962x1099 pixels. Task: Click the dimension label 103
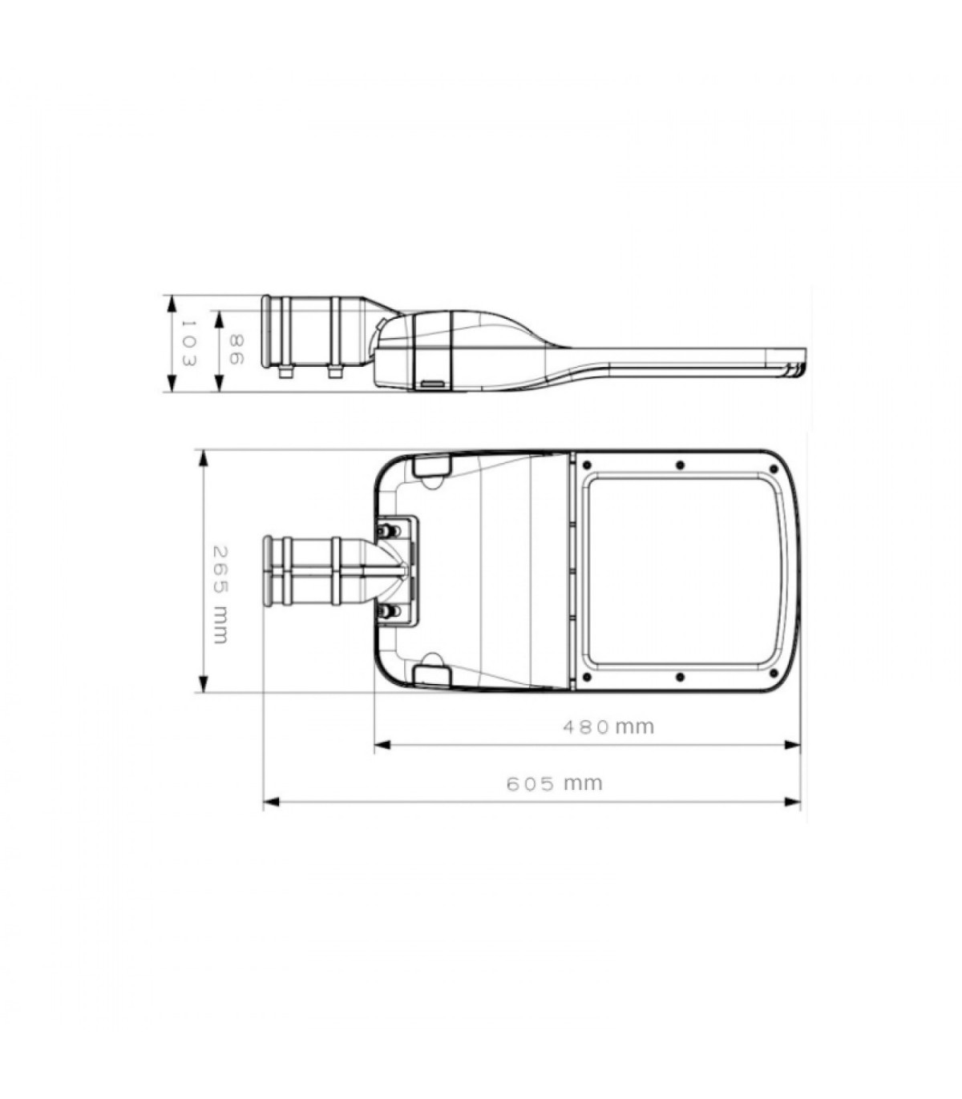tap(188, 343)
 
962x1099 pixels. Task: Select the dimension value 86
tap(236, 349)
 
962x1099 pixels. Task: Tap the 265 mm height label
tap(221, 594)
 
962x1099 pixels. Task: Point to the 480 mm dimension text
tap(608, 727)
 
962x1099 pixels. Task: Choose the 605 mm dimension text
tap(555, 783)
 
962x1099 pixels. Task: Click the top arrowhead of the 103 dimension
tap(172, 304)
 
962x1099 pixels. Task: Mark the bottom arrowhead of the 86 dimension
tap(220, 382)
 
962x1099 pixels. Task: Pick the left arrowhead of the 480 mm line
tap(382, 744)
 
